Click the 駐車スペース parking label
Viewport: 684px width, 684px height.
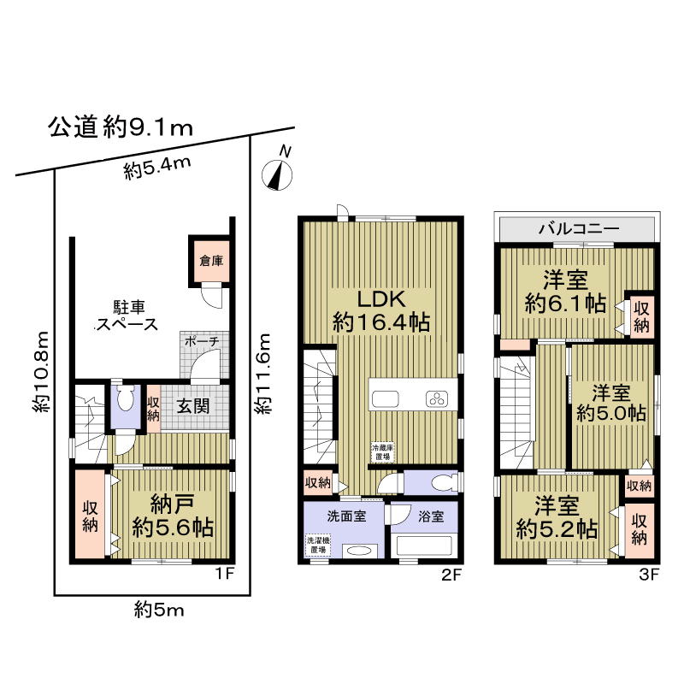point(126,315)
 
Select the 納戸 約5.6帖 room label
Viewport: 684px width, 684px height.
point(172,515)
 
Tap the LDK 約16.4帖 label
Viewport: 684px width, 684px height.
point(380,311)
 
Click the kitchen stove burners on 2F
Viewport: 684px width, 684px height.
point(438,399)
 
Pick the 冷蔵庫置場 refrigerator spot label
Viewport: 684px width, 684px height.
point(380,452)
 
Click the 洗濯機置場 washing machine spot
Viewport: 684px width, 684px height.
point(318,545)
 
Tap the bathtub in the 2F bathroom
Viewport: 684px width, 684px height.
point(424,545)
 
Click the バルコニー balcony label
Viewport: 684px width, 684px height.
point(579,229)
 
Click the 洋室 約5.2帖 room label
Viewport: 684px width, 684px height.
point(556,517)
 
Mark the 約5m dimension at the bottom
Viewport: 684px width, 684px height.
point(159,609)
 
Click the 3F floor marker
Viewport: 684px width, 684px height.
point(648,574)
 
